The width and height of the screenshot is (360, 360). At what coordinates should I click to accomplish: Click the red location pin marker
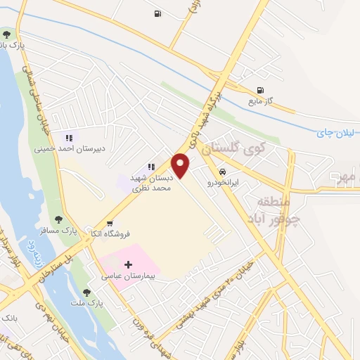click(x=181, y=165)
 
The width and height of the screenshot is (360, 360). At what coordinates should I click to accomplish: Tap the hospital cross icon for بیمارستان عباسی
click(x=127, y=264)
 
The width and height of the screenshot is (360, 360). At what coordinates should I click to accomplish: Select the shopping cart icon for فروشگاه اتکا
click(x=109, y=224)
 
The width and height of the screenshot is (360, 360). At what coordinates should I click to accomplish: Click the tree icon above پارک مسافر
click(x=67, y=219)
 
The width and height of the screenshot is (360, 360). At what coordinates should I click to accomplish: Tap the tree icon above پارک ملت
click(x=86, y=292)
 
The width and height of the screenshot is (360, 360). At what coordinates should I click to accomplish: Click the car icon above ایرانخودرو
click(x=221, y=172)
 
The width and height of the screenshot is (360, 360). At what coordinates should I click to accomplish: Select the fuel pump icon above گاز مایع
click(x=262, y=90)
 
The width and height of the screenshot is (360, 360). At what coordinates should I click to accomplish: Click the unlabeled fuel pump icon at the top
click(x=156, y=13)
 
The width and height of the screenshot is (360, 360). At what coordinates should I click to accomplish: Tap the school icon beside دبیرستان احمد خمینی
click(x=69, y=137)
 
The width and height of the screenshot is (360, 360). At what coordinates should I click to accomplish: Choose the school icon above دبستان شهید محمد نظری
click(x=151, y=167)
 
